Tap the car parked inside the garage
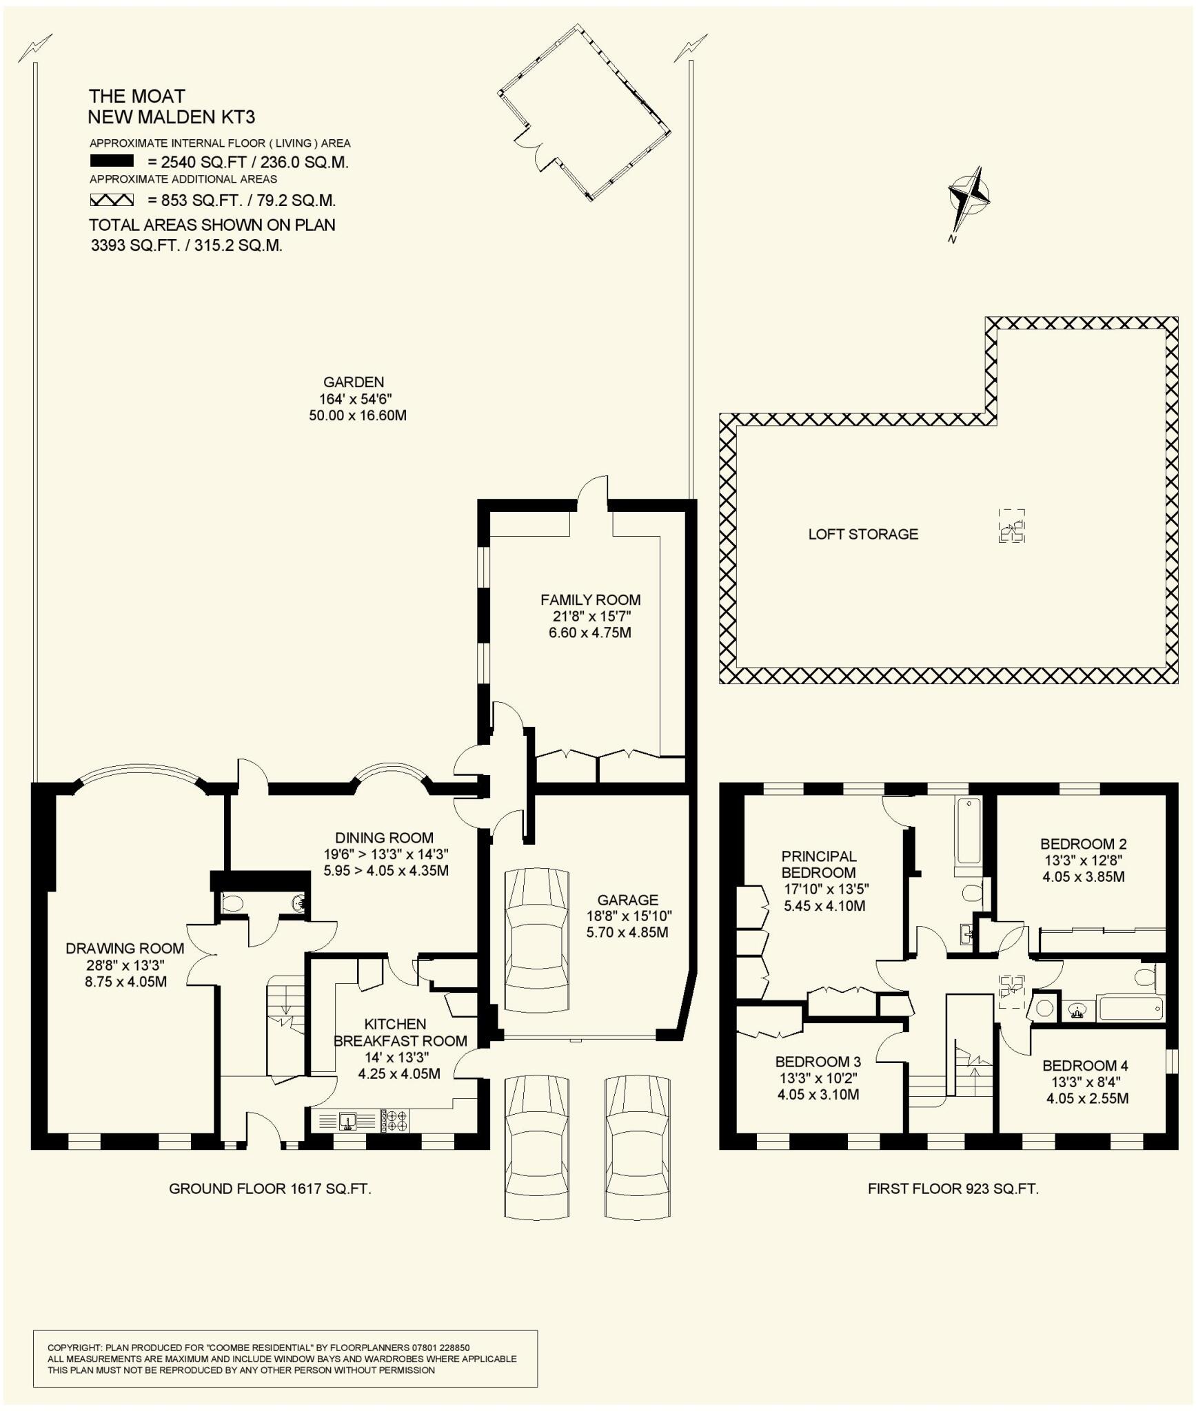pyautogui.click(x=537, y=940)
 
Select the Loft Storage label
pyautogui.click(x=863, y=534)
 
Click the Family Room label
pyautogui.click(x=590, y=599)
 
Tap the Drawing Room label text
pyautogui.click(x=125, y=949)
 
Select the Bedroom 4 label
pyautogui.click(x=1085, y=1065)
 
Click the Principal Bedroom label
pyautogui.click(x=818, y=864)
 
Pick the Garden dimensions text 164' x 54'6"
pyautogui.click(x=355, y=399)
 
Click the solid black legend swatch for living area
pyautogui.click(x=112, y=161)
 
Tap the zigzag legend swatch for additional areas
pyautogui.click(x=112, y=200)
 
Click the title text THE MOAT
pyautogui.click(x=136, y=96)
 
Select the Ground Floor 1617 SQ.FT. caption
pyautogui.click(x=270, y=1188)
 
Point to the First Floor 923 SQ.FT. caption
pyautogui.click(x=953, y=1188)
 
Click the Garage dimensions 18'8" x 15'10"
pyautogui.click(x=627, y=916)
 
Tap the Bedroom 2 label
pyautogui.click(x=1083, y=843)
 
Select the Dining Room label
pyautogui.click(x=384, y=838)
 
